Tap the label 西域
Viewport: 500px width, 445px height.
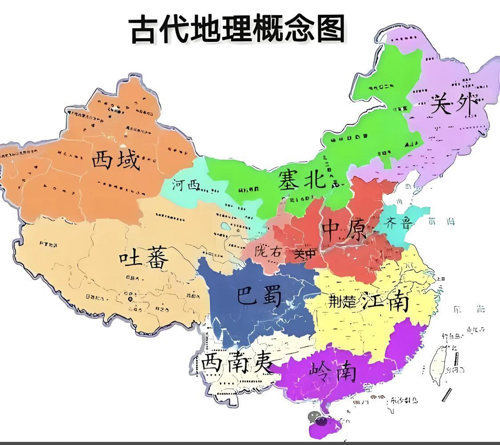pyautogui.click(x=116, y=160)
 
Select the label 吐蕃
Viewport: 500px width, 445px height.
pyautogui.click(x=144, y=257)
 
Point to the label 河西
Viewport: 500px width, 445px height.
pyautogui.click(x=186, y=185)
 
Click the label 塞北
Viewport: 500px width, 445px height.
pyautogui.click(x=302, y=180)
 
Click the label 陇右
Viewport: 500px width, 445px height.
pyautogui.click(x=268, y=251)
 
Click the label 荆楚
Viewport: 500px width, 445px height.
pyautogui.click(x=342, y=302)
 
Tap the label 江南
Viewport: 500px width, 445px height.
pyautogui.click(x=384, y=302)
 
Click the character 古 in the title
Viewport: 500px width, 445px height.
pyautogui.click(x=144, y=30)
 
